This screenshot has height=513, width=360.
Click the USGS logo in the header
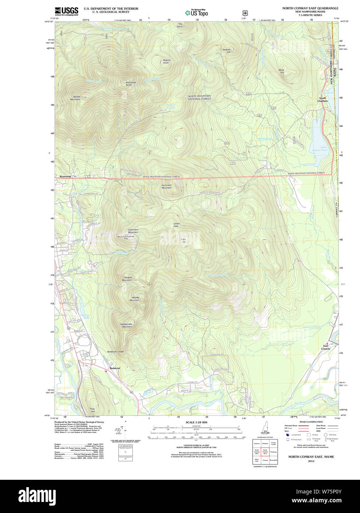click(66, 11)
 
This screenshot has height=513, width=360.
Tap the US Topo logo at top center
click(197, 13)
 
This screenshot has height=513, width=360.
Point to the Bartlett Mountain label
click(75, 98)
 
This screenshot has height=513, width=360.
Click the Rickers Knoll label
click(166, 61)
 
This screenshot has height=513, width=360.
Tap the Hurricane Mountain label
click(166, 186)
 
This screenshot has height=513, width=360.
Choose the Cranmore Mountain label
click(133, 231)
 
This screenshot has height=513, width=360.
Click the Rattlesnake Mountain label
click(126, 325)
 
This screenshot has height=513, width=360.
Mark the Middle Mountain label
click(135, 299)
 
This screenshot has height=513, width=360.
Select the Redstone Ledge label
click(115, 351)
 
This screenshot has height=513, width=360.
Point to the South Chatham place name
click(323, 99)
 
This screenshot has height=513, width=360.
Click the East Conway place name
click(326, 347)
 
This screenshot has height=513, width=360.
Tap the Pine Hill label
click(93, 410)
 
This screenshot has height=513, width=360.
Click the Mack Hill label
click(281, 71)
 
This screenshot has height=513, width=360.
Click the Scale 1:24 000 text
click(196, 422)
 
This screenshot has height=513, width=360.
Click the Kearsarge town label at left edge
click(65, 177)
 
